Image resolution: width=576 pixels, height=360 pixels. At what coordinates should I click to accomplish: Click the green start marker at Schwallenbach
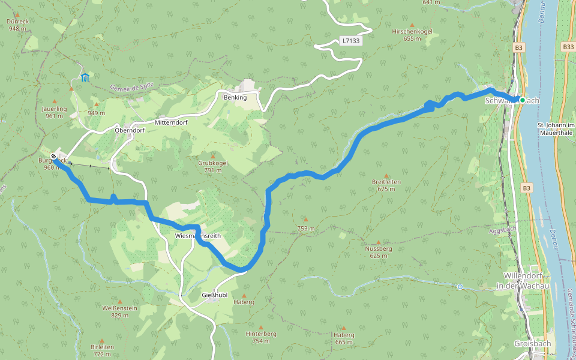coord(523,100)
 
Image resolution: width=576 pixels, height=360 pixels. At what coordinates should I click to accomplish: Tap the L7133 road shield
coord(349,41)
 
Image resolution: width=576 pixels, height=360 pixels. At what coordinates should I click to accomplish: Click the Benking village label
coord(235,97)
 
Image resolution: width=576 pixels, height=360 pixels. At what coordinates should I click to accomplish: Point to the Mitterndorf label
coord(172,122)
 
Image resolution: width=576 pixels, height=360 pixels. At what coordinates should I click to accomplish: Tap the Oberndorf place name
coord(130,130)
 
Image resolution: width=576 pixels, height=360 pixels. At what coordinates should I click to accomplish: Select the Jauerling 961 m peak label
coord(53,112)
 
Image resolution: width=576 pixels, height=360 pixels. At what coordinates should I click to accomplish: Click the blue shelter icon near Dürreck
coord(85,77)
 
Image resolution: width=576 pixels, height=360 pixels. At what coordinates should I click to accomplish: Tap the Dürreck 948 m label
coord(18,25)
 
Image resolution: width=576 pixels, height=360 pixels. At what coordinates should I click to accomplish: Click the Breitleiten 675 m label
coord(386,185)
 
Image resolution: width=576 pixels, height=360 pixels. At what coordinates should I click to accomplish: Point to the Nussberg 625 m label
coord(378,251)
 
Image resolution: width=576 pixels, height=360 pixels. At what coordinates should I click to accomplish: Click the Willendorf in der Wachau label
coord(523,282)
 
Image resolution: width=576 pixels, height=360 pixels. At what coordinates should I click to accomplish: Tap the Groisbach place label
coord(529,344)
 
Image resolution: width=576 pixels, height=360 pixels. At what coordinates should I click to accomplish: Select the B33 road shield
coord(568,47)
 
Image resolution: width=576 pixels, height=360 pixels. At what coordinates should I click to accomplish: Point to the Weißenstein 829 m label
coord(120,311)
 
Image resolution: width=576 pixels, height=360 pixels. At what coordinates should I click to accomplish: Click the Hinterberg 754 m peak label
coord(260,337)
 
